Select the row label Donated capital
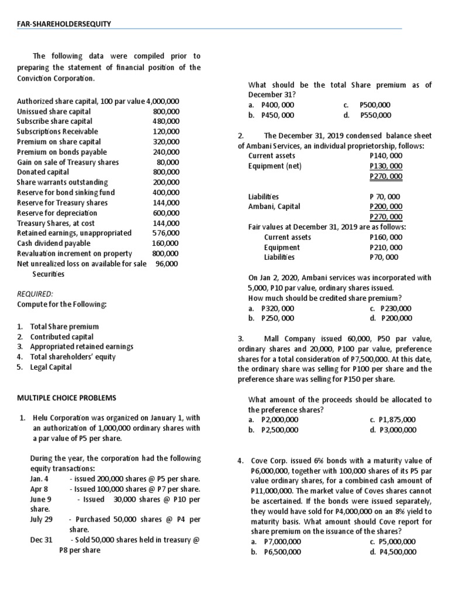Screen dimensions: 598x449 pyautogui.click(x=43, y=172)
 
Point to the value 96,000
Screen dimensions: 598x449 pyautogui.click(x=167, y=263)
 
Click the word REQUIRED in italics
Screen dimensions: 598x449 pyautogui.click(x=35, y=294)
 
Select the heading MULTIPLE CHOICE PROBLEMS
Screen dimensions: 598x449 pyautogui.click(x=67, y=398)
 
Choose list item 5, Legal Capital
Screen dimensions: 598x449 pyautogui.click(x=51, y=367)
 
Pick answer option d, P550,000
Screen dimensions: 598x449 pyautogui.click(x=375, y=115)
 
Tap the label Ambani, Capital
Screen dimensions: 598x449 pyautogui.click(x=274, y=206)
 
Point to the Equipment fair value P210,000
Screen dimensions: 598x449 pyautogui.click(x=386, y=247)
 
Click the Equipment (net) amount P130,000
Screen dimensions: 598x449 pyautogui.click(x=386, y=166)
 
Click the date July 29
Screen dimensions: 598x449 pyautogui.click(x=41, y=519)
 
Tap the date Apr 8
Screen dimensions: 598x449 pyautogui.click(x=39, y=489)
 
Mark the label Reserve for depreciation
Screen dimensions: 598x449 pyautogui.click(x=58, y=213)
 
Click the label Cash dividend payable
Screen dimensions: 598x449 pyautogui.click(x=54, y=243)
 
